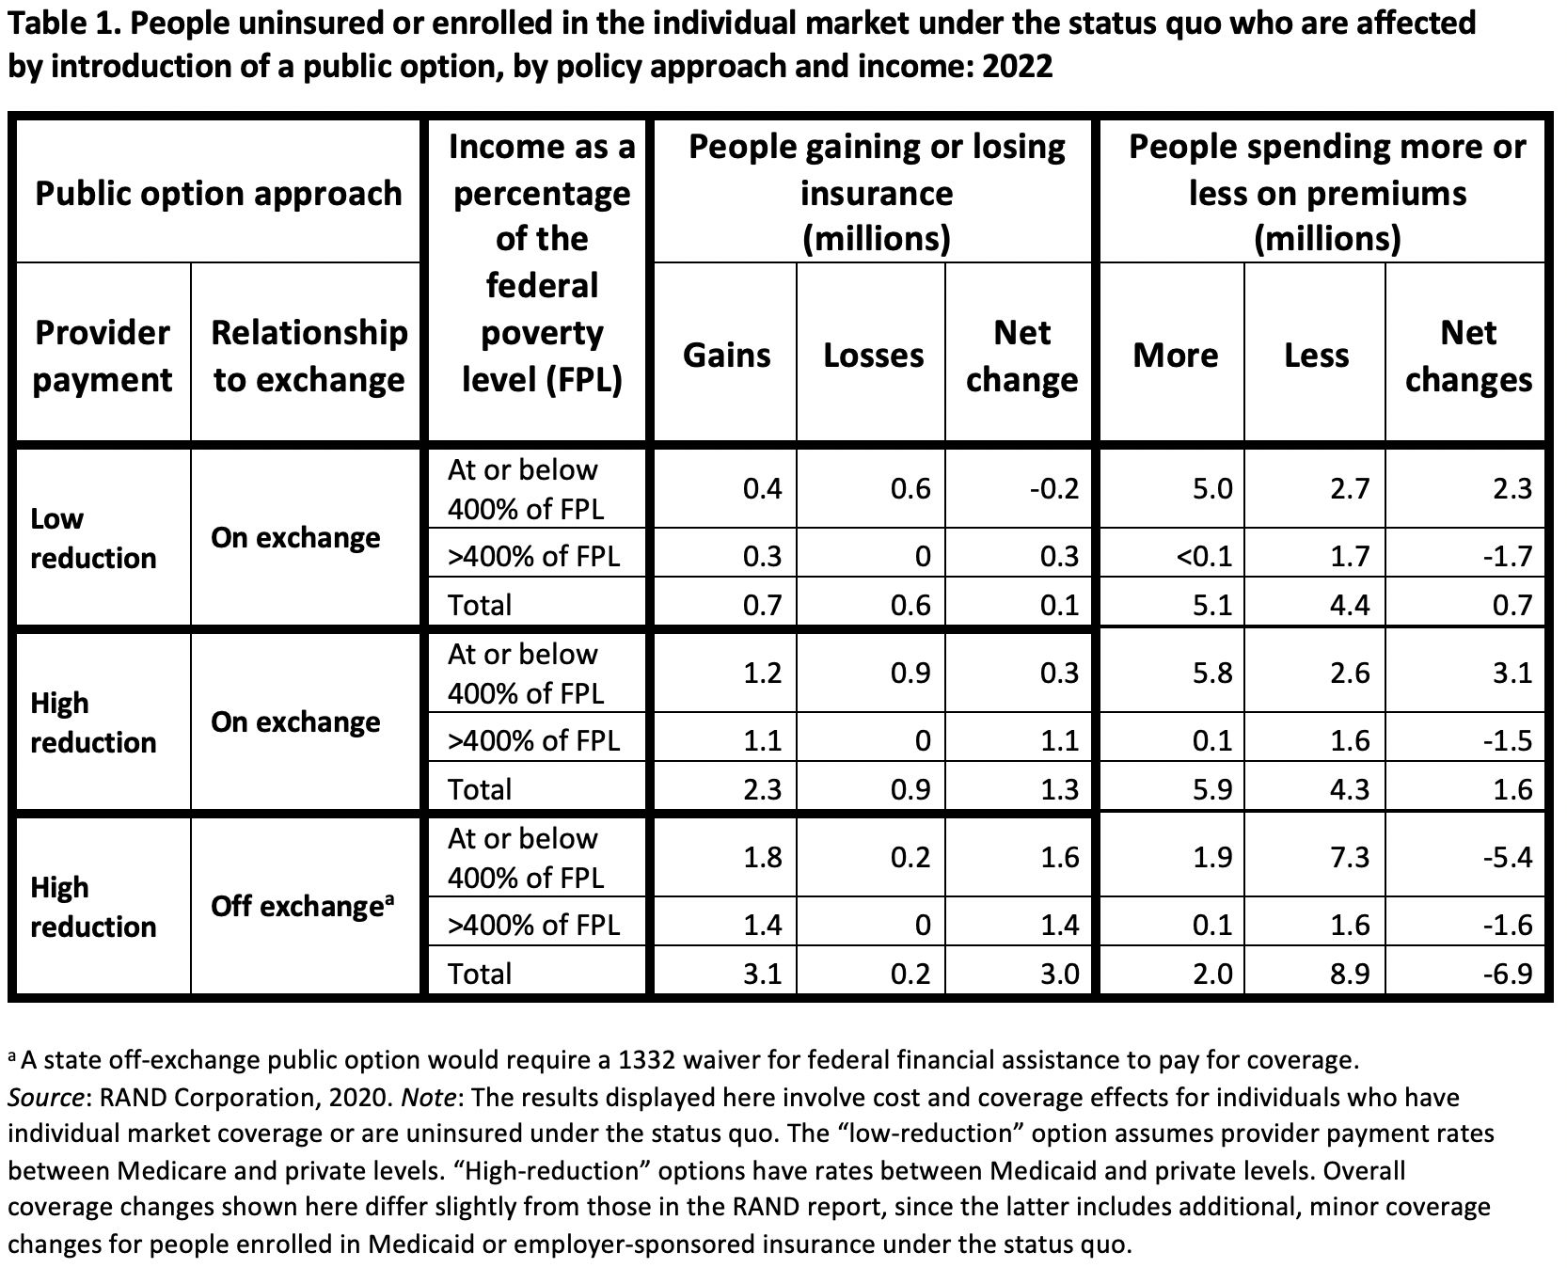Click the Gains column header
726,355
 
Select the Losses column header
873,355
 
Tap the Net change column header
1021,356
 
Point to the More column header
1175,355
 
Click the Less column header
1316,355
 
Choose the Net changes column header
1468,356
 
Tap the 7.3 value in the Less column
1350,857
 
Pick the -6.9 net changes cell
1507,974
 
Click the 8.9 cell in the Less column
1350,974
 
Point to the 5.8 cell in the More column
1212,673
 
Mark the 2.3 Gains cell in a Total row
763,789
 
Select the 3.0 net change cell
1059,974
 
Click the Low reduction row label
93,538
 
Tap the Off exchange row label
302,906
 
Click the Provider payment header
103,356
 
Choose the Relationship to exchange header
309,356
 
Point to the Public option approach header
218,193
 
